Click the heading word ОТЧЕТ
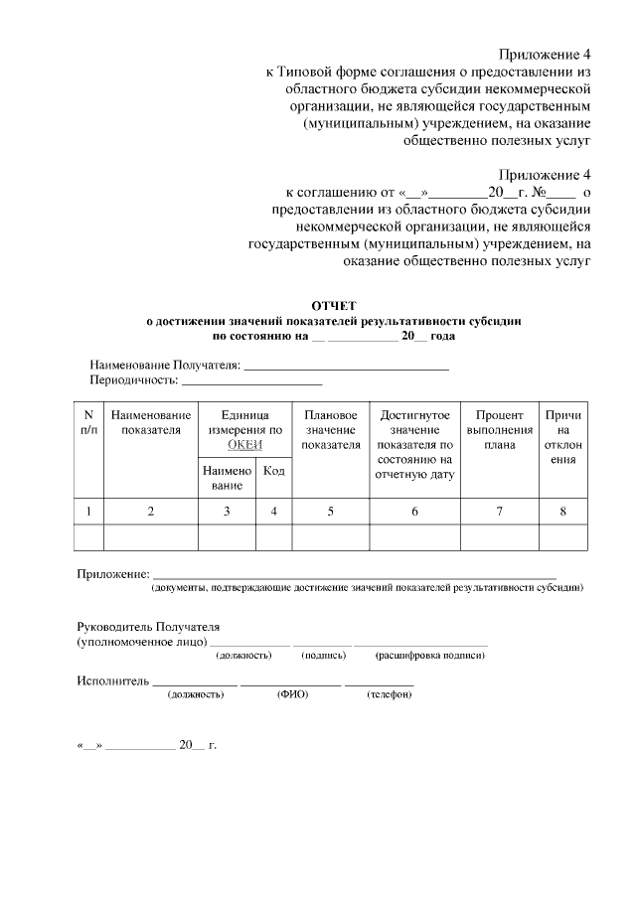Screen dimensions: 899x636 pyautogui.click(x=334, y=306)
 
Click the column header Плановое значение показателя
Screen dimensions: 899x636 pyautogui.click(x=330, y=429)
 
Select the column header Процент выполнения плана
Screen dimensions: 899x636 pyautogui.click(x=500, y=429)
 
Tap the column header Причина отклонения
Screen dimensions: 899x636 pyautogui.click(x=563, y=437)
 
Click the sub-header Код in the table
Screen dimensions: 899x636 pyautogui.click(x=273, y=470)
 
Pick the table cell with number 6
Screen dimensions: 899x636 pyautogui.click(x=414, y=512)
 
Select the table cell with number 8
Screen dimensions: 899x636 pyautogui.click(x=563, y=512)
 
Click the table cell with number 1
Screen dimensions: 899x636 pyautogui.click(x=89, y=512)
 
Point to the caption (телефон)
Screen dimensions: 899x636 pyautogui.click(x=389, y=694)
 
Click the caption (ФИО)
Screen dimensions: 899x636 pyautogui.click(x=292, y=694)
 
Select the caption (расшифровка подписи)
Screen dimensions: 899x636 pyautogui.click(x=429, y=656)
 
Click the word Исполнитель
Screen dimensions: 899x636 pyautogui.click(x=112, y=681)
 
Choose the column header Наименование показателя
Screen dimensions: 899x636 pyautogui.click(x=151, y=422)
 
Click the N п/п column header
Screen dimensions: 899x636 pyautogui.click(x=89, y=422)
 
